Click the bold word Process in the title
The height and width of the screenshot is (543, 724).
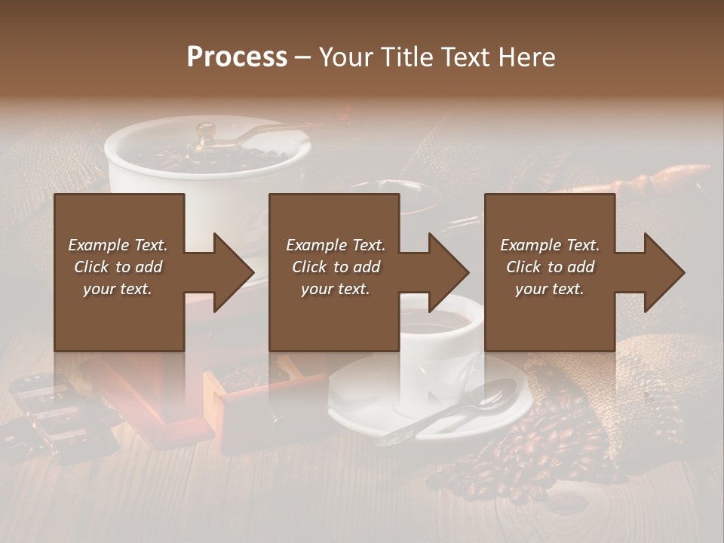(237, 57)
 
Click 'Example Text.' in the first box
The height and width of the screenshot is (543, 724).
(118, 245)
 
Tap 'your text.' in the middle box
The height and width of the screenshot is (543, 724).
(335, 289)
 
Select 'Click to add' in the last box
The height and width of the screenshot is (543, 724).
(550, 267)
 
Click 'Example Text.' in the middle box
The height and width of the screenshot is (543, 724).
(336, 245)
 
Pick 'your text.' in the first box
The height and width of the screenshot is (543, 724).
(118, 289)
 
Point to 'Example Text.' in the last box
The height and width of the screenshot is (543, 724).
(550, 245)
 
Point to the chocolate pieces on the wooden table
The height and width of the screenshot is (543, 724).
(53, 415)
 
